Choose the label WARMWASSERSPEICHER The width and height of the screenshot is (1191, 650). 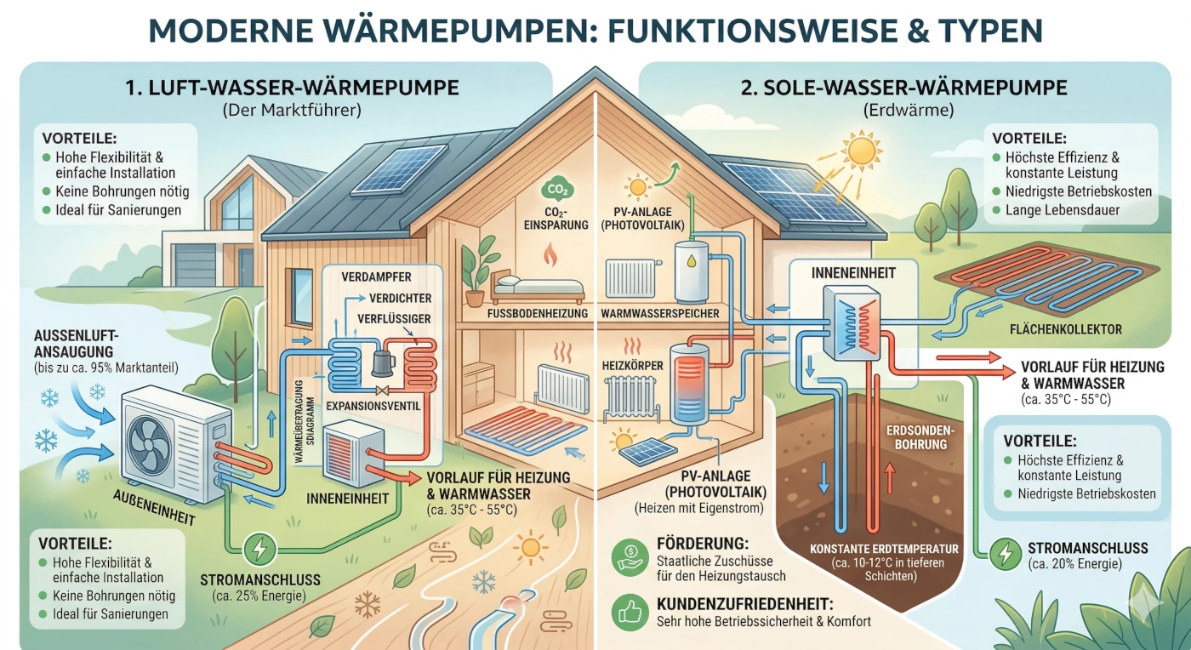coord(660,314)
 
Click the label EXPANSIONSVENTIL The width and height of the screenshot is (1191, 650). coord(374,406)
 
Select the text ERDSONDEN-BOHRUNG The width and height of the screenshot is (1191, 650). coord(921,436)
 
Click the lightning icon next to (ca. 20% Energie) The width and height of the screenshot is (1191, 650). coord(1006,555)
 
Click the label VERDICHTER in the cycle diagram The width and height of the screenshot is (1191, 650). coord(401,298)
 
